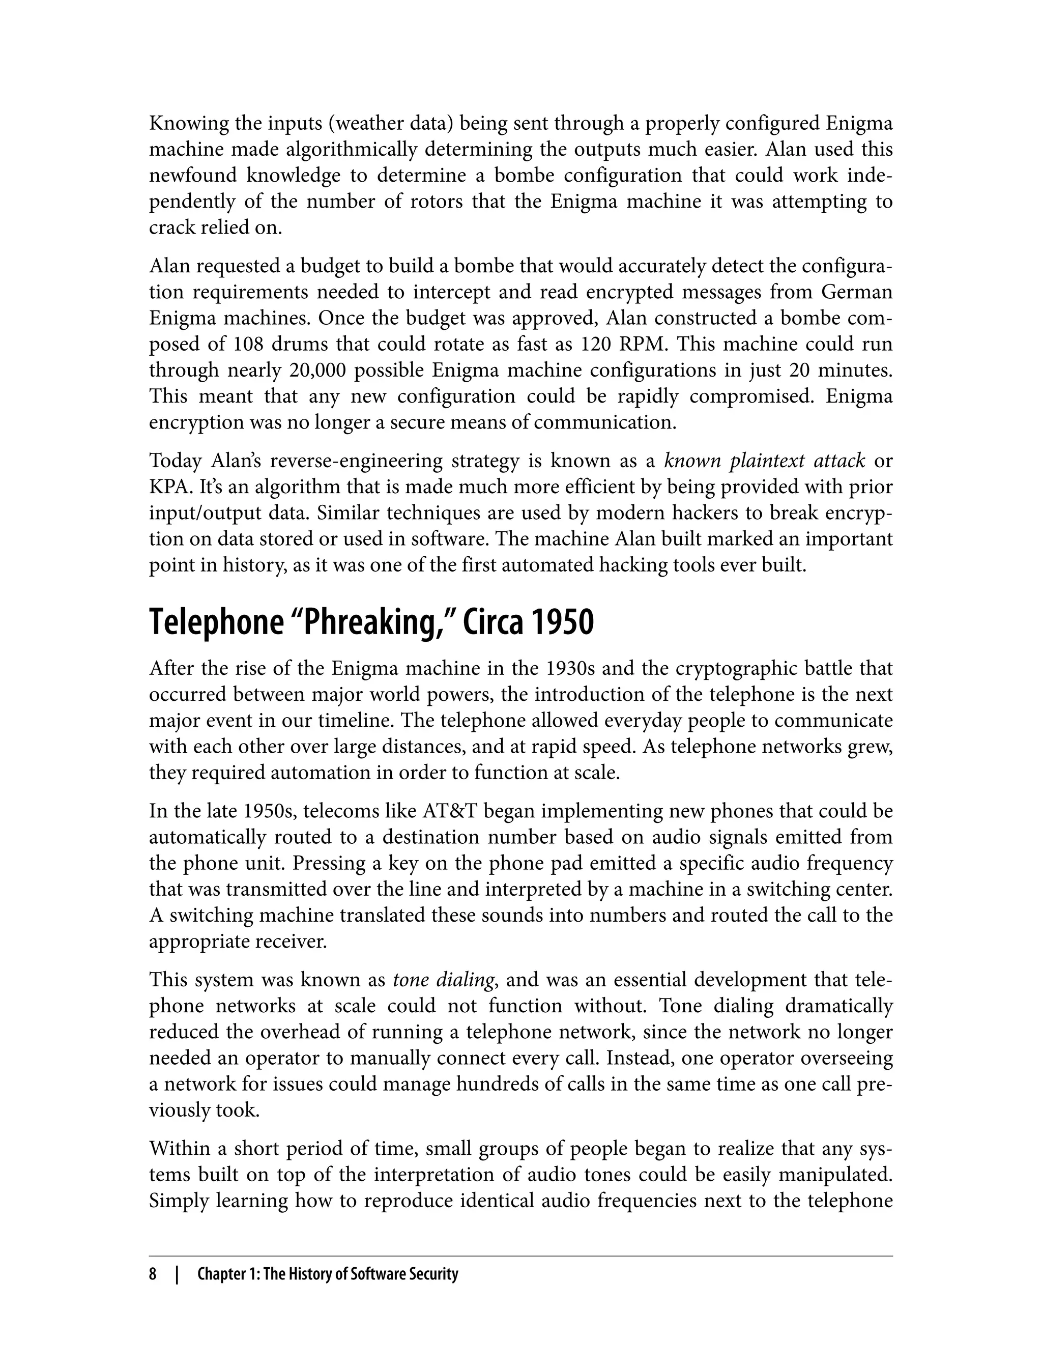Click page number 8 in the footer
[x=153, y=1274]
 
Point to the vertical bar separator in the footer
[x=177, y=1275]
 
